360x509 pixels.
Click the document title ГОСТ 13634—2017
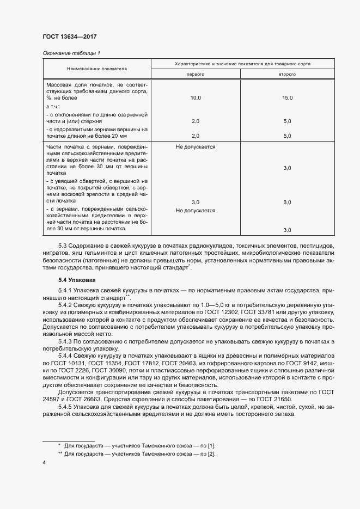click(69, 37)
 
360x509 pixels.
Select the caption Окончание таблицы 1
click(71, 53)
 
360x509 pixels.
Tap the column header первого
click(196, 73)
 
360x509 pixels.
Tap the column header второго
click(287, 73)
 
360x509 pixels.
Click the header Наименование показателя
click(97, 69)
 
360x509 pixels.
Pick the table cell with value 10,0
click(196, 98)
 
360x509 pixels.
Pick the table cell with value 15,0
click(287, 98)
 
